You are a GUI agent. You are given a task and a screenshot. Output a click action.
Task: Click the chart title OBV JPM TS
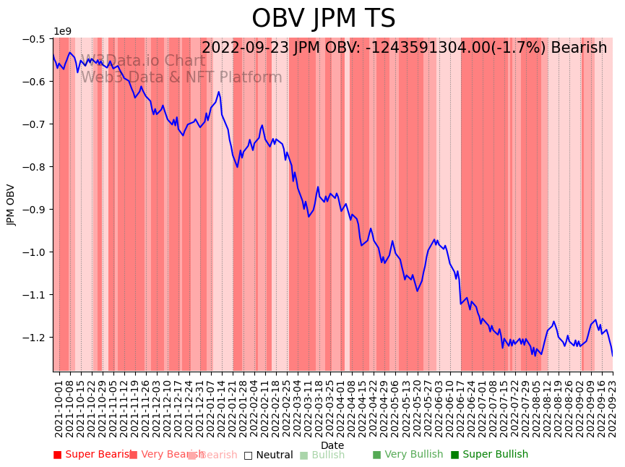click(323, 19)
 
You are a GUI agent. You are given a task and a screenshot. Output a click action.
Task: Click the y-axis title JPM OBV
click(11, 205)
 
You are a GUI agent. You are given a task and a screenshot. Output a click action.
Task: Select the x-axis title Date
click(332, 445)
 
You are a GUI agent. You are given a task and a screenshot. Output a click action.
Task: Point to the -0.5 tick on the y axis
click(35, 38)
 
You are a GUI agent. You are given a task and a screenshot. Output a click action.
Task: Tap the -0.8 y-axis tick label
click(35, 166)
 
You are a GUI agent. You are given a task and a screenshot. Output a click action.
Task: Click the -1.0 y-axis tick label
click(35, 252)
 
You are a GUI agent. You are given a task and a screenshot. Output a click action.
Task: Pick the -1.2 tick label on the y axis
click(35, 337)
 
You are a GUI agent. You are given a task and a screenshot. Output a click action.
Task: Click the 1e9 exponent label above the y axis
click(63, 31)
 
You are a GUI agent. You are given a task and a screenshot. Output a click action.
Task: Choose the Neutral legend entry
click(268, 455)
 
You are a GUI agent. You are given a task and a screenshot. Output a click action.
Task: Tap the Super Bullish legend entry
click(489, 455)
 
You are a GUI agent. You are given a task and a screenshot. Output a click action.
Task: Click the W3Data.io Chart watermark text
click(142, 61)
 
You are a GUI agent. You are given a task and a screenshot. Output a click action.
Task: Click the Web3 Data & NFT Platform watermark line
click(181, 77)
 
